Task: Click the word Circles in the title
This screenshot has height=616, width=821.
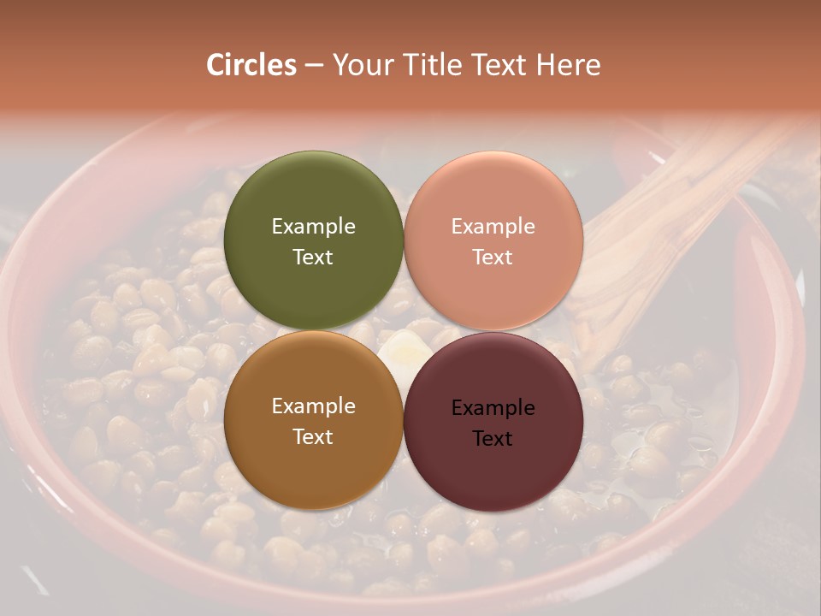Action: click(x=251, y=65)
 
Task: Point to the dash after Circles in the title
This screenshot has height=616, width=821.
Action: click(x=314, y=66)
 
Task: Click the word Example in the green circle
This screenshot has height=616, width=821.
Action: click(x=313, y=227)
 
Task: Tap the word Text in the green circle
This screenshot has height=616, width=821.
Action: click(x=313, y=257)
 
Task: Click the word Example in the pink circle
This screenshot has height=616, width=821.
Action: click(x=493, y=227)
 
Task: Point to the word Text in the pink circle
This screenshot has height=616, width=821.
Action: click(x=493, y=257)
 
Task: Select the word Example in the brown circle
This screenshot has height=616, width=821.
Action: click(x=313, y=406)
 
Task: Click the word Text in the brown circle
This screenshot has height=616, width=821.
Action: click(x=313, y=436)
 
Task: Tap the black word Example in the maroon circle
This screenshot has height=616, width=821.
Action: click(x=493, y=408)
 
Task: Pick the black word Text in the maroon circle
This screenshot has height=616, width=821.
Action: click(x=493, y=438)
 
